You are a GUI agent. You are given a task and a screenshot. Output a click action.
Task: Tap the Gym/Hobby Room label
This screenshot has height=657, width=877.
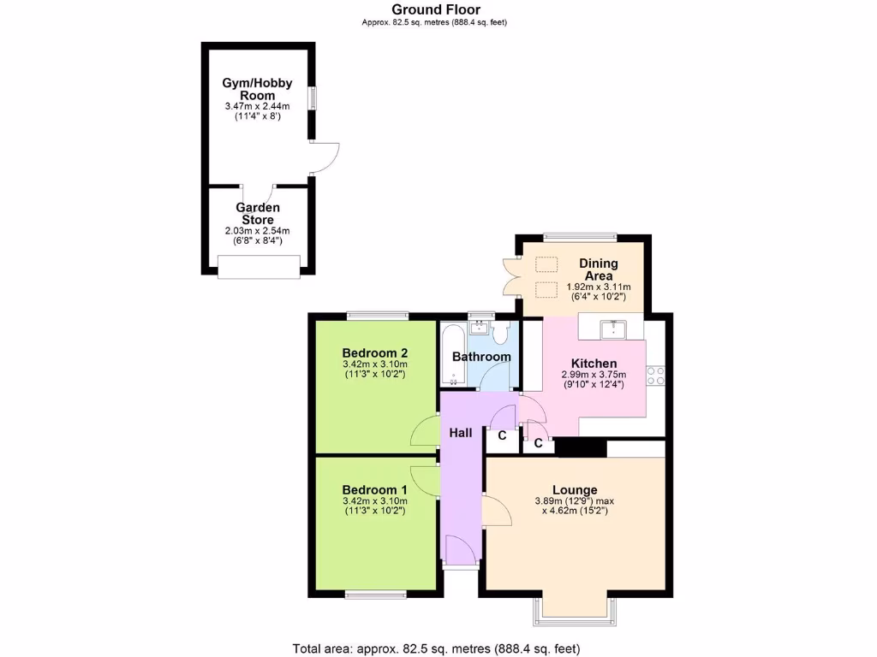click(257, 89)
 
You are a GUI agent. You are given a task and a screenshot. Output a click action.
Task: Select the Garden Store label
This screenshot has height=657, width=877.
click(258, 213)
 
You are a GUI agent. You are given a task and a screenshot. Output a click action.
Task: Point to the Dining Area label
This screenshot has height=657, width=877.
click(598, 269)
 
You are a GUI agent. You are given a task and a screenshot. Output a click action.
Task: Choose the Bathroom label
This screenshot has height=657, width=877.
click(481, 357)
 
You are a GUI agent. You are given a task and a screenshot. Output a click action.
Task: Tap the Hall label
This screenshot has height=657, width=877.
click(461, 434)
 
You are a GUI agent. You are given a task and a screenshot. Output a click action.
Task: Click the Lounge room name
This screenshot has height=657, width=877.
click(575, 489)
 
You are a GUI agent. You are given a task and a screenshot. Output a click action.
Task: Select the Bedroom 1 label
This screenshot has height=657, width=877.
click(374, 489)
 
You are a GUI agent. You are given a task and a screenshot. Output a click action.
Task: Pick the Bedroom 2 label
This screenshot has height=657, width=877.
click(374, 352)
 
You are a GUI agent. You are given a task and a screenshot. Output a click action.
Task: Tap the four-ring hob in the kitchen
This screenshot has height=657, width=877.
click(656, 376)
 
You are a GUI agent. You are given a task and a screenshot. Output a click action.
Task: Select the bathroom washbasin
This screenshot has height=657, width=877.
click(480, 327)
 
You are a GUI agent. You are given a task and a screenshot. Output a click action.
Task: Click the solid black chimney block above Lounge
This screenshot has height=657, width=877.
click(581, 447)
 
